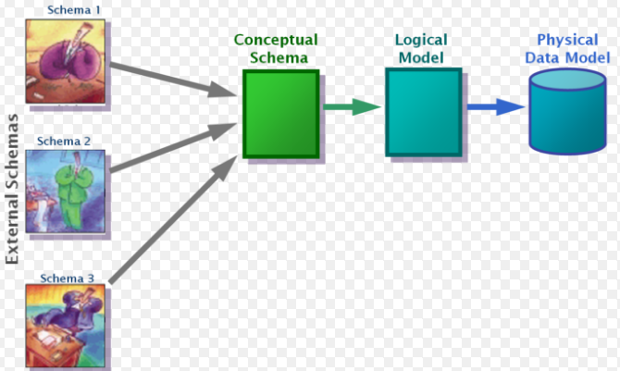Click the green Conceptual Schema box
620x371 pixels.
point(281,115)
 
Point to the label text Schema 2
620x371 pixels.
point(62,142)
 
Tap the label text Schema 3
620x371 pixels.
point(62,276)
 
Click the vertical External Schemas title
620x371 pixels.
point(13,190)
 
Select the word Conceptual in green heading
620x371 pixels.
point(275,40)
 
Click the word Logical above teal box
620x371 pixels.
point(421,42)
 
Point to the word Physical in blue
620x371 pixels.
point(567,40)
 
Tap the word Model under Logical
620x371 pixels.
point(421,57)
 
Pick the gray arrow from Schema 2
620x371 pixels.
point(171,148)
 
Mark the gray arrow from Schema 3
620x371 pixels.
point(171,218)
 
